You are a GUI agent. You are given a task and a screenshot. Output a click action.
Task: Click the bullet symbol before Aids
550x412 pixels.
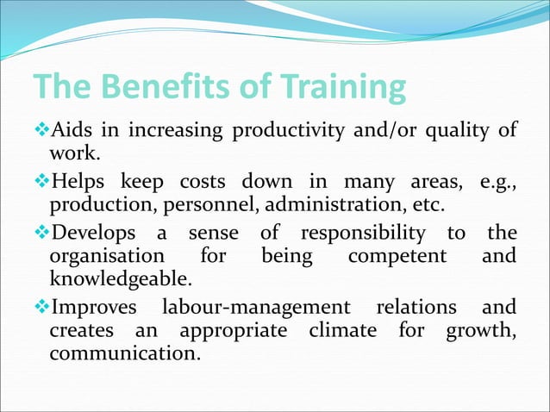click(41, 131)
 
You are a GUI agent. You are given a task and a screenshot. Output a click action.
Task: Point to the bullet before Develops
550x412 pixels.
click(41, 233)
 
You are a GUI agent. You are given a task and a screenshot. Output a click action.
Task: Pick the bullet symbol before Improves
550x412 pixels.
click(41, 308)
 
